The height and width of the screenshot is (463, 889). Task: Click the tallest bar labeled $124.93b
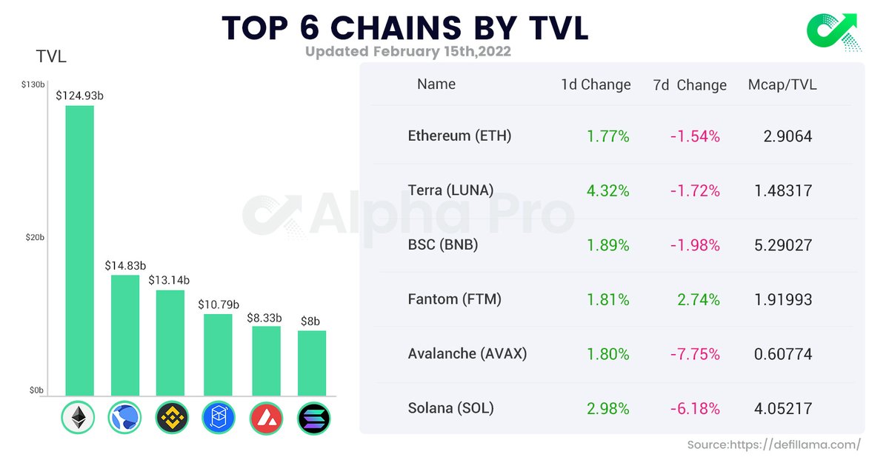(x=79, y=250)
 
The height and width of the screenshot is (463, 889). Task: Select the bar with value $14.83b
(x=125, y=335)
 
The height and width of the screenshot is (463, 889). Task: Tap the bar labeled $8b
(x=312, y=363)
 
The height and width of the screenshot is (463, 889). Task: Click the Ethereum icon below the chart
(x=78, y=419)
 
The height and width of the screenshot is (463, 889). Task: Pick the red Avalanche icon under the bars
(x=266, y=419)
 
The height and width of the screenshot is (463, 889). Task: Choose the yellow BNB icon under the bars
(x=172, y=419)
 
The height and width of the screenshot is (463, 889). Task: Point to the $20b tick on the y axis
(x=34, y=238)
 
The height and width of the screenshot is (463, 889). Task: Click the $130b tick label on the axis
(x=33, y=85)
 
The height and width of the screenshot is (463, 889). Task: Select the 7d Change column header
(x=690, y=85)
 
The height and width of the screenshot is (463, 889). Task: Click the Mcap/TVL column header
(x=782, y=84)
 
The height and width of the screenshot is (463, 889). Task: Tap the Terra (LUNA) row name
(x=450, y=190)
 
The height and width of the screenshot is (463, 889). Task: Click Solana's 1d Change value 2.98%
(x=607, y=409)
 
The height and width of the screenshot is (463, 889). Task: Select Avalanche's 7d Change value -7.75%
(x=694, y=354)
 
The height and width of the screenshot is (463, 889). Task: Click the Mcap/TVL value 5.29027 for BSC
(x=783, y=245)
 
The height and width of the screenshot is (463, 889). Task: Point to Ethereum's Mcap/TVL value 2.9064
(x=788, y=136)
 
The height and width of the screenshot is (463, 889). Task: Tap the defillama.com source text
(x=773, y=444)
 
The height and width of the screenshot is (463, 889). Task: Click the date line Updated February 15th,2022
(x=407, y=52)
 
